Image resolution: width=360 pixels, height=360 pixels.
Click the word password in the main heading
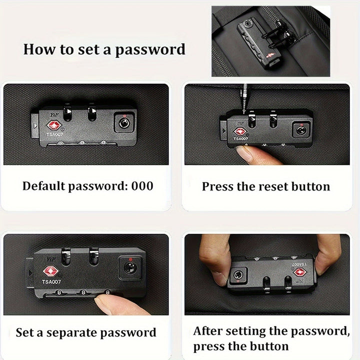point(150,50)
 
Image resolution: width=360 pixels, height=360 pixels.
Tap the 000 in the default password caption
point(142,185)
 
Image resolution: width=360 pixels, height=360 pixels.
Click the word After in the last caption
point(207,331)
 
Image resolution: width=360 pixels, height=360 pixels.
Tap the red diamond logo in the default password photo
point(54,125)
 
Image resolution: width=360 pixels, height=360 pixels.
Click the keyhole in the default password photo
point(124,123)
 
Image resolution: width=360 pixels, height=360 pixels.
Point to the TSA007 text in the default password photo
point(54,134)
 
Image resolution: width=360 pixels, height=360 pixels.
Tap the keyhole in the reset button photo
point(300,130)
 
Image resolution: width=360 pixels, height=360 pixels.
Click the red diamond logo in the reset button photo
point(240,132)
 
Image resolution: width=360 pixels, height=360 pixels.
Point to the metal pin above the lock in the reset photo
point(244,98)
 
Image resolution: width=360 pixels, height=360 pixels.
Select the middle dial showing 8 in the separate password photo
point(83,292)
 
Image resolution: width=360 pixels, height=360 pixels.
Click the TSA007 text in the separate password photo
point(51,281)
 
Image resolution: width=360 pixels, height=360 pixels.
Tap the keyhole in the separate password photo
point(130,267)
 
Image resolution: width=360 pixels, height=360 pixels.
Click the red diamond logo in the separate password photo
point(50,271)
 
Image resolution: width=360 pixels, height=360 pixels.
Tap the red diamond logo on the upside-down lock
point(300,272)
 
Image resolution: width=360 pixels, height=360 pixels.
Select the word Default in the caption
point(43,185)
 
